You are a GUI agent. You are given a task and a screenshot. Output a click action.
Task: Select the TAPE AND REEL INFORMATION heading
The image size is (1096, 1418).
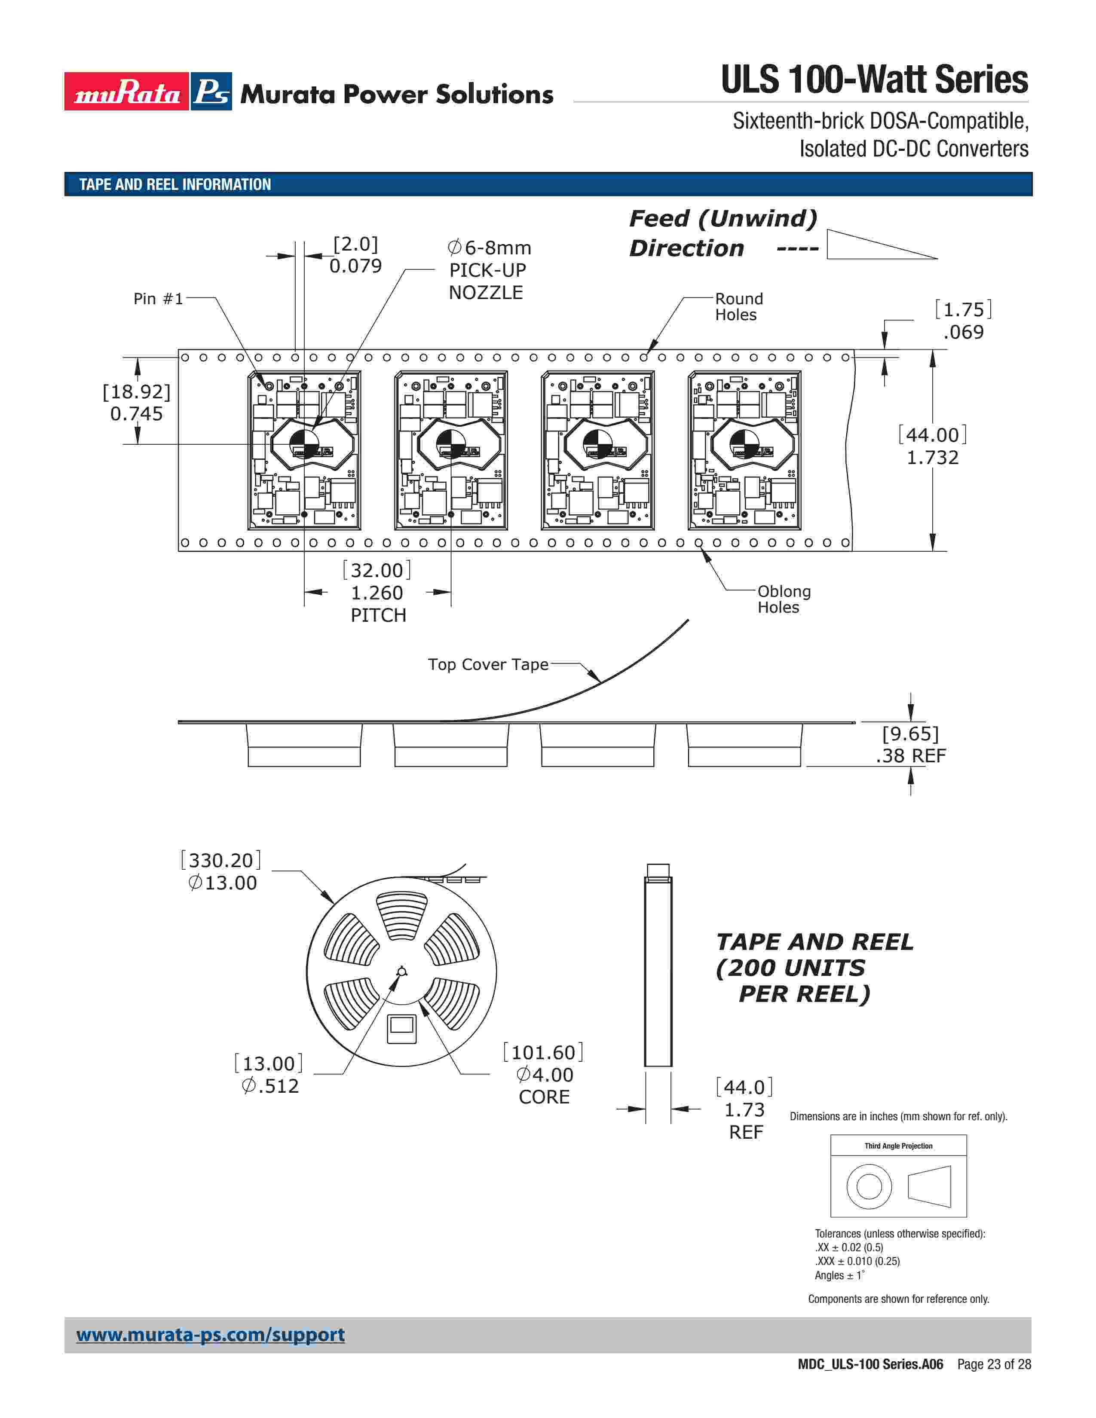175,184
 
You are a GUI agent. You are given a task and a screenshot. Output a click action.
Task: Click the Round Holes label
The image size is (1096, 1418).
739,306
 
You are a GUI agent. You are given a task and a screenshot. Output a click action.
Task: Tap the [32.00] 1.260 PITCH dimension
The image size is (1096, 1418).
377,592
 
